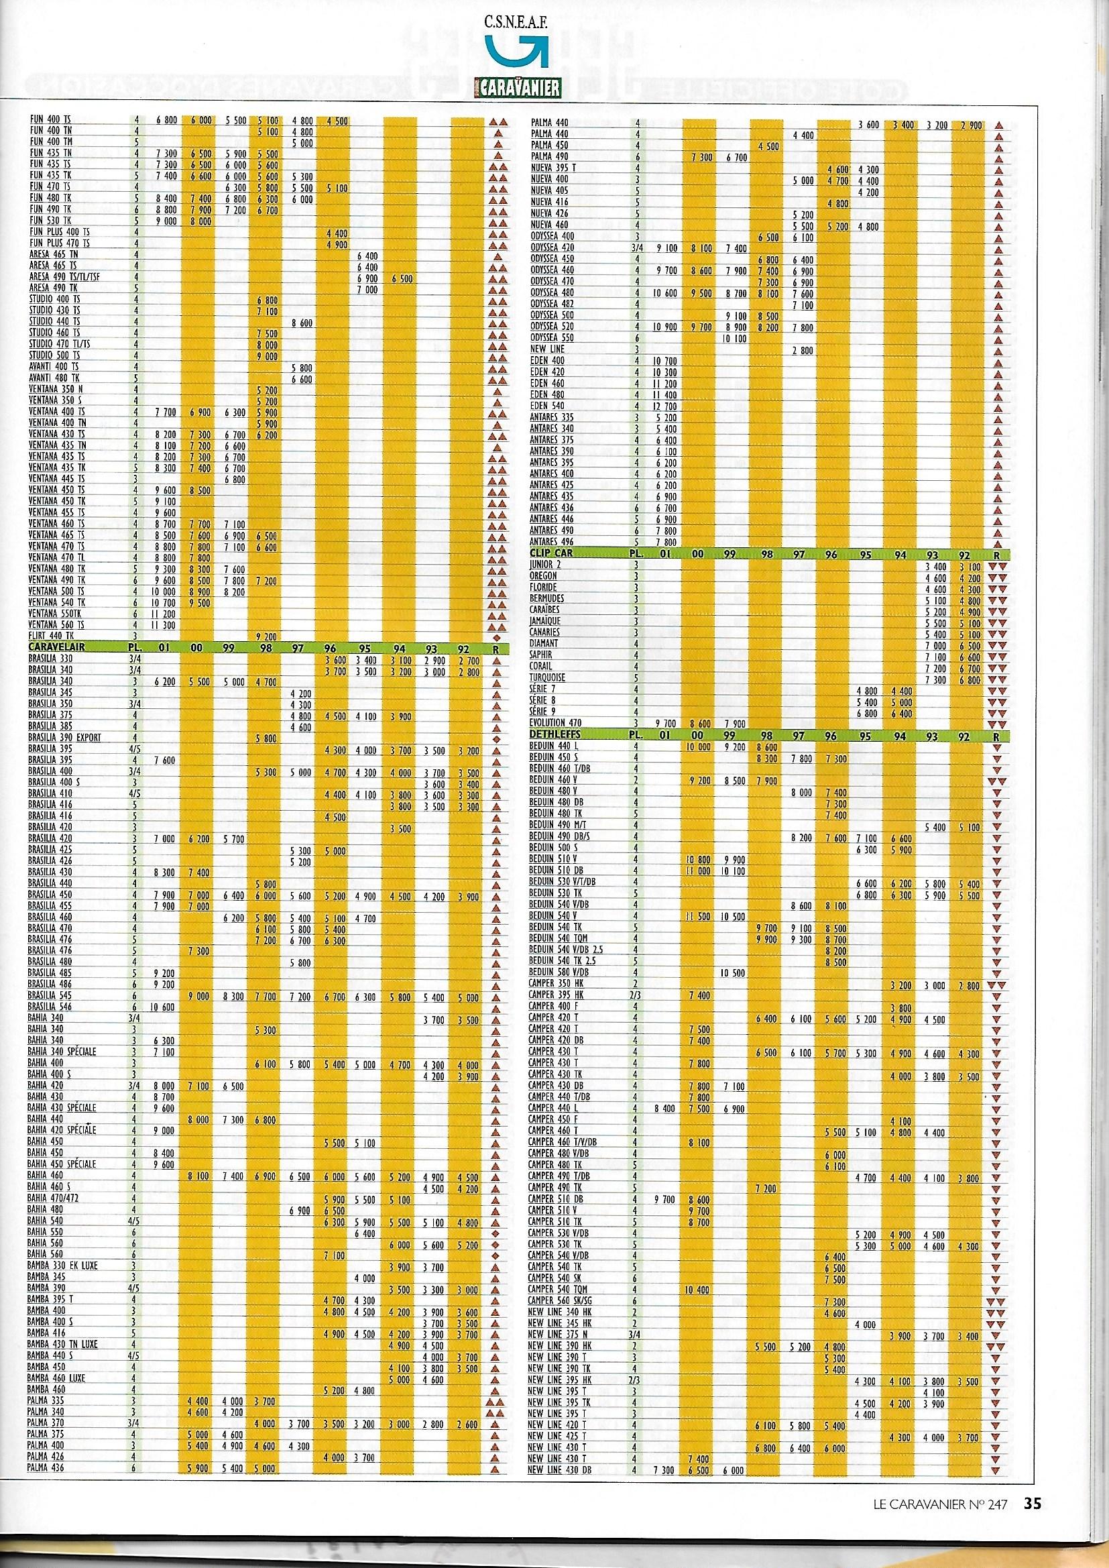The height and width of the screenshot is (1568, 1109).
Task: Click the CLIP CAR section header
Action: (552, 553)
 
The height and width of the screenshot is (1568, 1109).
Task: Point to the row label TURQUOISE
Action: (548, 677)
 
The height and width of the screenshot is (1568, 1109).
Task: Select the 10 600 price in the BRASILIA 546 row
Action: (162, 1007)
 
